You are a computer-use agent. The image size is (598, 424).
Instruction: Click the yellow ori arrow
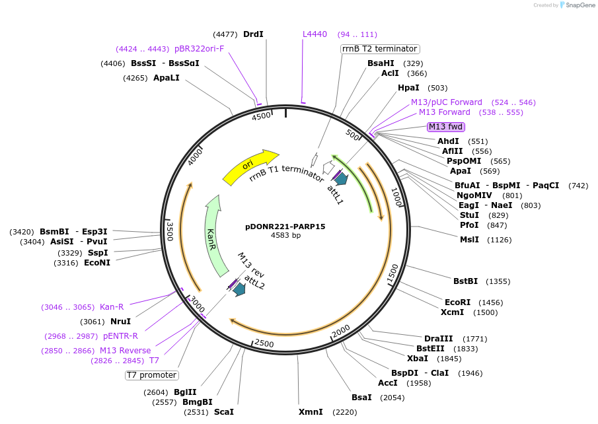(250, 167)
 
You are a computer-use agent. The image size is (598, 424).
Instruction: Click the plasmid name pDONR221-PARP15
(285, 226)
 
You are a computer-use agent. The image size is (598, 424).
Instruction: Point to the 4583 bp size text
(285, 235)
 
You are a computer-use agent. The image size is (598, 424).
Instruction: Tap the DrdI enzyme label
(253, 34)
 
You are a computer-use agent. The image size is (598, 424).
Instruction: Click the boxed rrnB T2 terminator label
(380, 49)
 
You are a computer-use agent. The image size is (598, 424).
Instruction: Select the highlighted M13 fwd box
(446, 127)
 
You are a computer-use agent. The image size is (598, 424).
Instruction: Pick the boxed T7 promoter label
(152, 375)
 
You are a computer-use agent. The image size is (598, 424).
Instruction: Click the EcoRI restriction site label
(458, 302)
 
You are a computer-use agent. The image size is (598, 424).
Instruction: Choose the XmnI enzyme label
(311, 412)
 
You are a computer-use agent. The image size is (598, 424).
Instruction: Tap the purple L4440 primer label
(315, 34)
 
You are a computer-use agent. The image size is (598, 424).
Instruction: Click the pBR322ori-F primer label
(199, 49)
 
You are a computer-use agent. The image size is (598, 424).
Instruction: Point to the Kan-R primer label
(112, 307)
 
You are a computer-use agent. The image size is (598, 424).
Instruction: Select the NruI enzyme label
(120, 322)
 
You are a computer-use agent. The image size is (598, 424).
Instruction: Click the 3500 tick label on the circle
(170, 231)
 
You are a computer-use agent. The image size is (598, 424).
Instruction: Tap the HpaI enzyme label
(408, 88)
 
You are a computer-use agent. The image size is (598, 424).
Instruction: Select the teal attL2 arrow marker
(239, 289)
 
